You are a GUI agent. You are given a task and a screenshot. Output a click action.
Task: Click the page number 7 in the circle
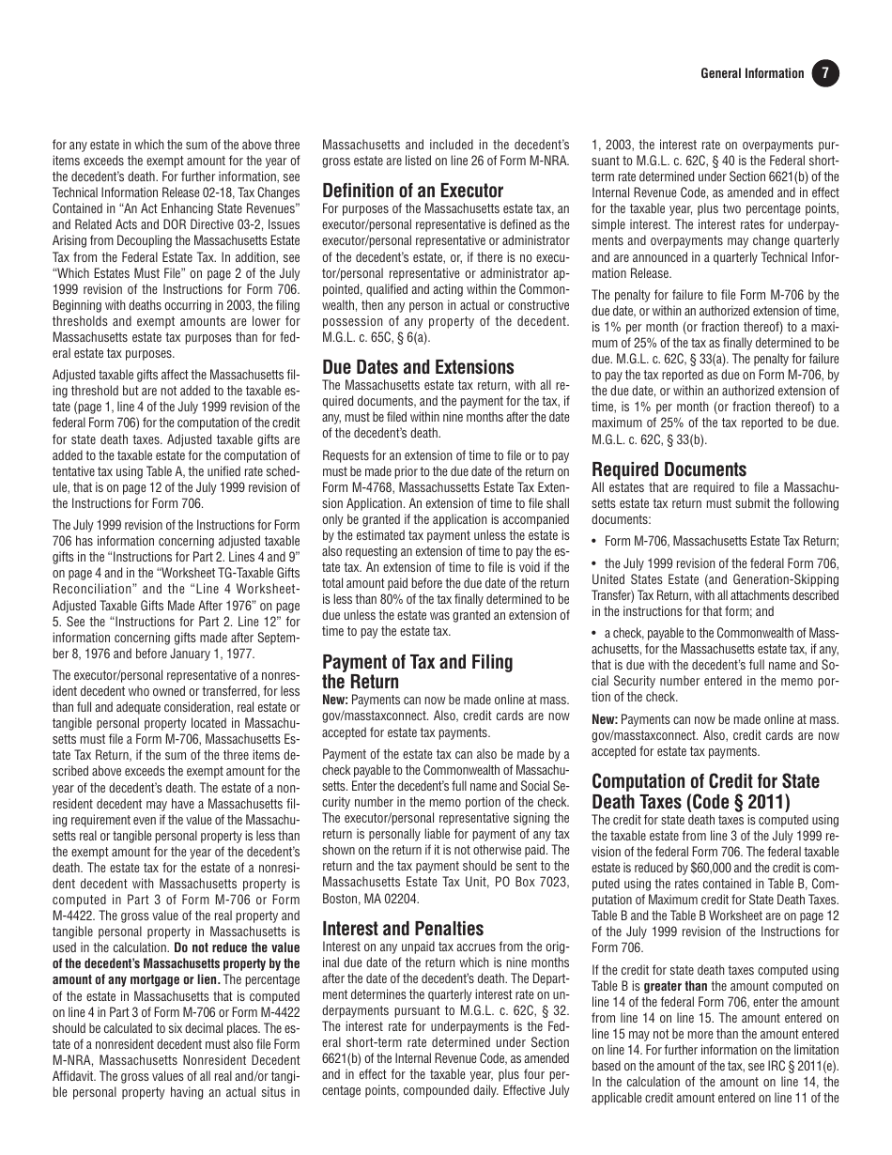pyautogui.click(x=824, y=74)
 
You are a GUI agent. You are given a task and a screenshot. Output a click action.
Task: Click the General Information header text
pyautogui.click(x=752, y=74)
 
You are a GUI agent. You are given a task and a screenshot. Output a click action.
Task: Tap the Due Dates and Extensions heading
pyautogui.click(x=419, y=367)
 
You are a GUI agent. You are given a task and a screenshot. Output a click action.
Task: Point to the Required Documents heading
pyautogui.click(x=669, y=470)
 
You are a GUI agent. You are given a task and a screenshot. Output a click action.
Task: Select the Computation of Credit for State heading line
pyautogui.click(x=705, y=781)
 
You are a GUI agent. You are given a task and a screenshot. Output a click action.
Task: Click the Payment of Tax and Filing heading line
pyautogui.click(x=418, y=662)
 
